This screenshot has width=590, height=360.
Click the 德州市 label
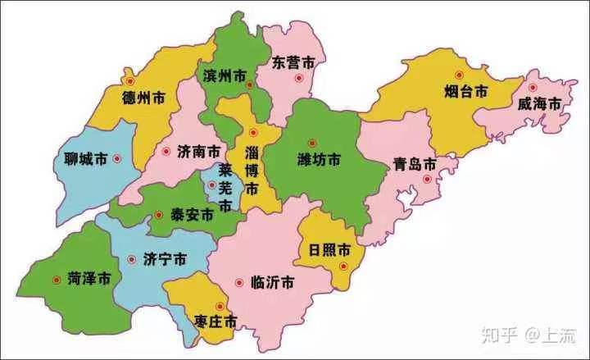(143, 98)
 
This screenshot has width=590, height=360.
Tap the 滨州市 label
(223, 75)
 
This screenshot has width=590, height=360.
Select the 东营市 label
(293, 62)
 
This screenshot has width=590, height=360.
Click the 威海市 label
(539, 104)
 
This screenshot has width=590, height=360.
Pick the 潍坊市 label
(318, 159)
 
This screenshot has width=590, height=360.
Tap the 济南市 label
(197, 152)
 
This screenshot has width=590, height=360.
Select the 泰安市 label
(192, 215)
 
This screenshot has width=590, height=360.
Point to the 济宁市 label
(164, 259)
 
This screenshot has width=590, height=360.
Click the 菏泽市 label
(89, 280)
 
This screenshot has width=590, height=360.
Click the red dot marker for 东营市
(300, 79)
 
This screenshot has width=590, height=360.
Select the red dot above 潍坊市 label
(311, 143)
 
